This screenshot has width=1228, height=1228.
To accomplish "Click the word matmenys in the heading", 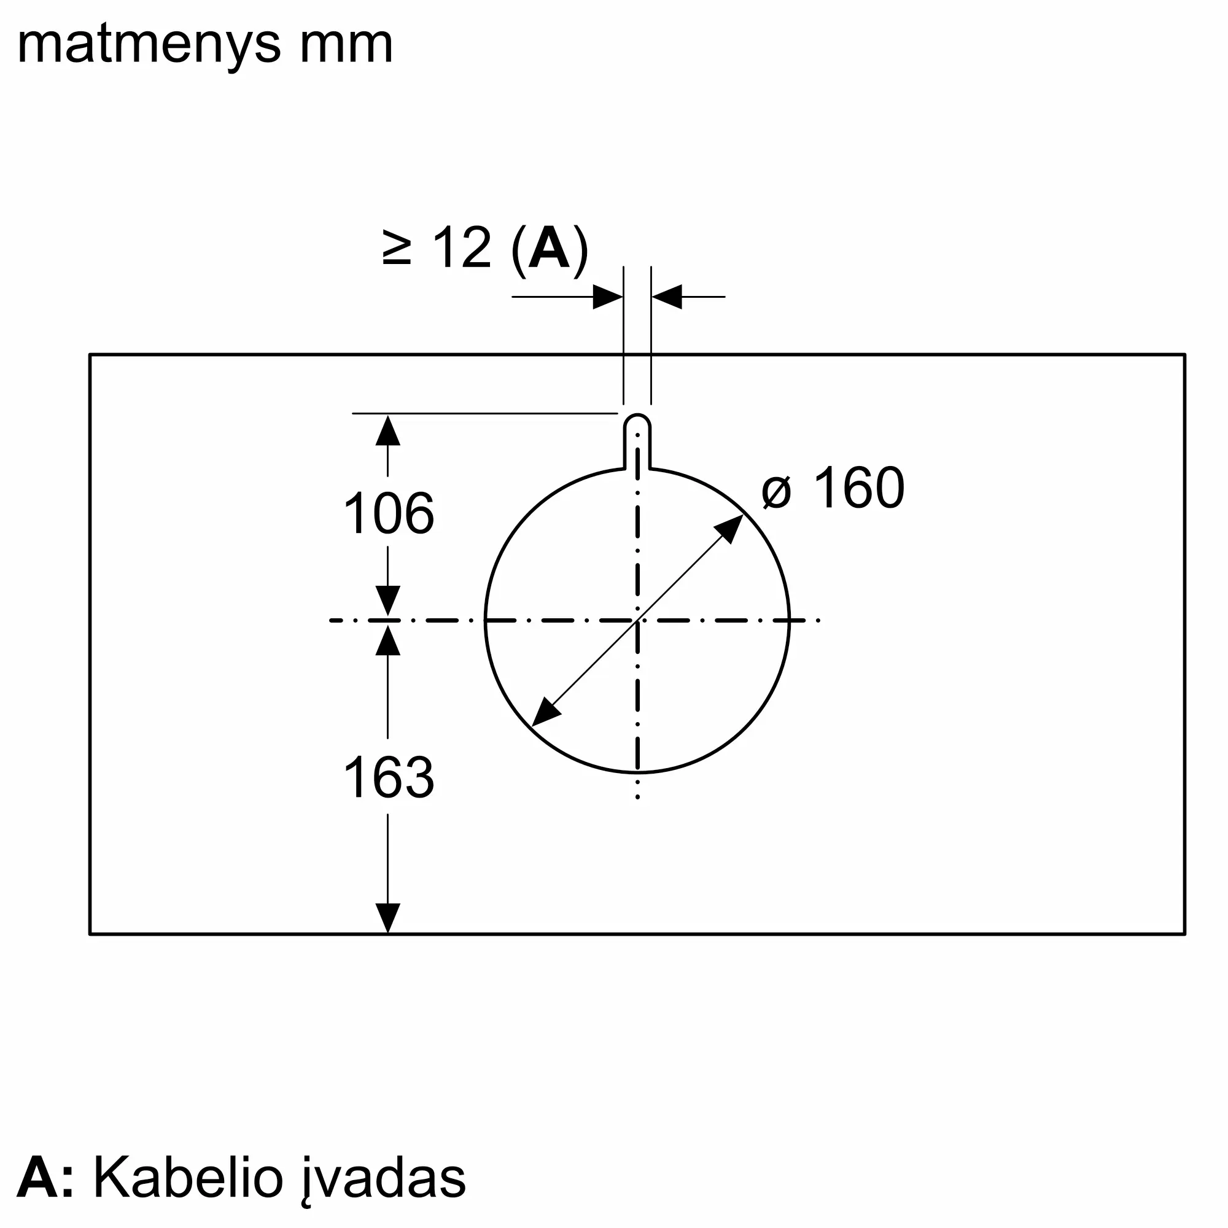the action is coord(149,46).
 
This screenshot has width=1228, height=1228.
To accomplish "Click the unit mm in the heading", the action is coord(346,46).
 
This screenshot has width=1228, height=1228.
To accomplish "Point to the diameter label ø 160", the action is coord(833,488).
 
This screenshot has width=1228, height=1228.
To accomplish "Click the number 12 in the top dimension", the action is coord(462,248).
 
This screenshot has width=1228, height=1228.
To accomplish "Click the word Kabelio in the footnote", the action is coord(188,1178).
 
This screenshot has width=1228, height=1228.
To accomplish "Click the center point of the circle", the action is coord(637,620).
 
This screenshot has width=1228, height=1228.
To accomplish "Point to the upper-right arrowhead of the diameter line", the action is coord(731,527).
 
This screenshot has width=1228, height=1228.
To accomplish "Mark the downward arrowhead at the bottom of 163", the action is coord(387,919).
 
